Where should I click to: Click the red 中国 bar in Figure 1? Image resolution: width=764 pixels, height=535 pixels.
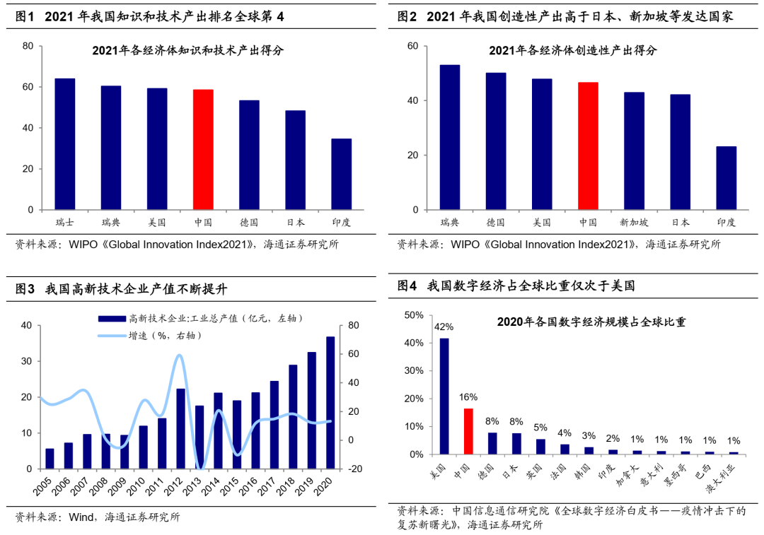tap(203, 150)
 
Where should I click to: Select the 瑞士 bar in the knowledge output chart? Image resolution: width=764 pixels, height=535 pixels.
tap(65, 144)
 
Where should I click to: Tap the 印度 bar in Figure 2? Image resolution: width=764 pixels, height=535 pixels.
tap(727, 178)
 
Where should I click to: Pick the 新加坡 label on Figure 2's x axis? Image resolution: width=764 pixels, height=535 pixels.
tap(634, 222)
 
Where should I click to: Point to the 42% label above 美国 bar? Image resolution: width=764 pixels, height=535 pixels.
tap(444, 327)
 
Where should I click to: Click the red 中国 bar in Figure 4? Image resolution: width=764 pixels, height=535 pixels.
tap(468, 431)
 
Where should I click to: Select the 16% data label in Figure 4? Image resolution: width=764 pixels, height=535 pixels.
tap(468, 397)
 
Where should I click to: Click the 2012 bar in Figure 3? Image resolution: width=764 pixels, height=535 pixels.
tap(180, 428)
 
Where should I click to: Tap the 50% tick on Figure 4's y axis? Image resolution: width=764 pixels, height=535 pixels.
tap(413, 314)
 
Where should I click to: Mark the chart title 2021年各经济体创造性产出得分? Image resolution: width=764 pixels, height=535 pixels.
tap(573, 50)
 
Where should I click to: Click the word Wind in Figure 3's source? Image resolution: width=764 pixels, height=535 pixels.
tap(82, 517)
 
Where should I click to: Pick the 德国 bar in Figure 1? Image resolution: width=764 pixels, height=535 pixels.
tap(249, 155)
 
